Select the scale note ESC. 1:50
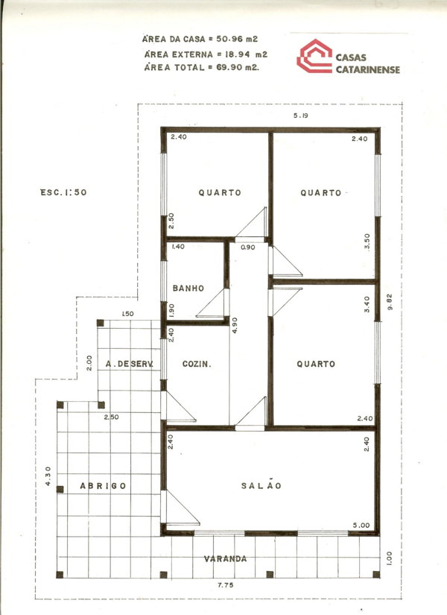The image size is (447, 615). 64,192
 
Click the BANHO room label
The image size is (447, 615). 188,288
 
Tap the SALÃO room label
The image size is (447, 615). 261,485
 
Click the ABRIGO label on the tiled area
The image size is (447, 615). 103,485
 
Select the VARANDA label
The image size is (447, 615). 226,558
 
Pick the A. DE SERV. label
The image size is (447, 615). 129,364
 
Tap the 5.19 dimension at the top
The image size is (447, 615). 300,116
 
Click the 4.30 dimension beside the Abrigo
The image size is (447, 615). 48,476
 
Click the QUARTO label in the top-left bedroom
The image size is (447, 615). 219,192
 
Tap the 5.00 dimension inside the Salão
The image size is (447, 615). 362,525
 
